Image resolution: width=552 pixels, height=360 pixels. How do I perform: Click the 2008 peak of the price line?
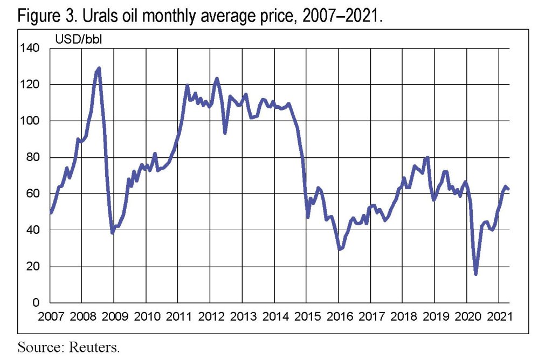pyautogui.click(x=99, y=68)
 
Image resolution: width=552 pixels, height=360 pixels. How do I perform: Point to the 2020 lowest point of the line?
pyautogui.click(x=475, y=274)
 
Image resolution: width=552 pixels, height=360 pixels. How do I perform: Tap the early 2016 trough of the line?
pyautogui.click(x=340, y=250)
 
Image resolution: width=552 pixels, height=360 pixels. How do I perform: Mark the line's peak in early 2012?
pyautogui.click(x=217, y=79)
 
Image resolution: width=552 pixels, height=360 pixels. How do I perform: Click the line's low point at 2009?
pyautogui.click(x=112, y=232)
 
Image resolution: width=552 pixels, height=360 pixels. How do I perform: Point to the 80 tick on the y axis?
pyautogui.click(x=34, y=157)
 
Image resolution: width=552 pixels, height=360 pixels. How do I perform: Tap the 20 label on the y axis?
pyautogui.click(x=34, y=267)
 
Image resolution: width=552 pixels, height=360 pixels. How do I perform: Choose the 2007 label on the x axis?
pyautogui.click(x=50, y=315)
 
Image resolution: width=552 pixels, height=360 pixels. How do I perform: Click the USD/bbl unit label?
pyautogui.click(x=73, y=39)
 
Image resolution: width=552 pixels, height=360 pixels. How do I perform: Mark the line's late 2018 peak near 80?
pyautogui.click(x=427, y=157)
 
